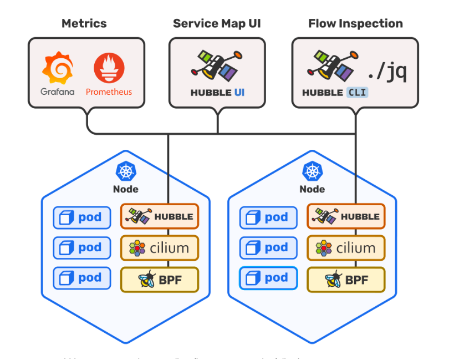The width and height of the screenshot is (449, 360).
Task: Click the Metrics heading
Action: (84, 23)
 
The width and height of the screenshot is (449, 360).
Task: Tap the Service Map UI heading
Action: (217, 23)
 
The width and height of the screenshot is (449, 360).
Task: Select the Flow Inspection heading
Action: (355, 23)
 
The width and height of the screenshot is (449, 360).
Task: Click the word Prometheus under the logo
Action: (109, 92)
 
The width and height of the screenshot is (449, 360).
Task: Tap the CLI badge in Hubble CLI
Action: (358, 93)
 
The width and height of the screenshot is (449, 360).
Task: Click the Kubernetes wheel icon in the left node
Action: (126, 171)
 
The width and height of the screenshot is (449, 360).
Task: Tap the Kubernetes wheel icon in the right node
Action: (312, 171)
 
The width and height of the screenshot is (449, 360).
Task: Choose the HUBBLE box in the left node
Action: (159, 217)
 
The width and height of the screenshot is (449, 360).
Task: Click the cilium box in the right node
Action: (346, 247)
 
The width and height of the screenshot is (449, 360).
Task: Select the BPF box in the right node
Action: (346, 278)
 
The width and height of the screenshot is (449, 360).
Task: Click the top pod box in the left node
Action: (81, 217)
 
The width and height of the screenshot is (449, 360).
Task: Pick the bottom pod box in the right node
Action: (268, 278)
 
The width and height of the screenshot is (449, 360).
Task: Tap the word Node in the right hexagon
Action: (312, 189)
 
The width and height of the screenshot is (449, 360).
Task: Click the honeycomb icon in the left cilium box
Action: (137, 247)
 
